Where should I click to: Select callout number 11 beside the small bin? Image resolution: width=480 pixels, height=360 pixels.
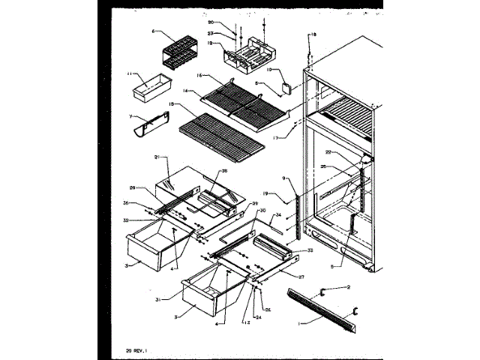coord(129,73)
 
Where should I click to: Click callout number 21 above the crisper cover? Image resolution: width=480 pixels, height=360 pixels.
coord(157,157)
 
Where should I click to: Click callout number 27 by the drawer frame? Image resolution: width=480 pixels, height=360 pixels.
coord(301,276)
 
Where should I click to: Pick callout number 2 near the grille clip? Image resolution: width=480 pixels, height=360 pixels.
coord(348,287)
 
